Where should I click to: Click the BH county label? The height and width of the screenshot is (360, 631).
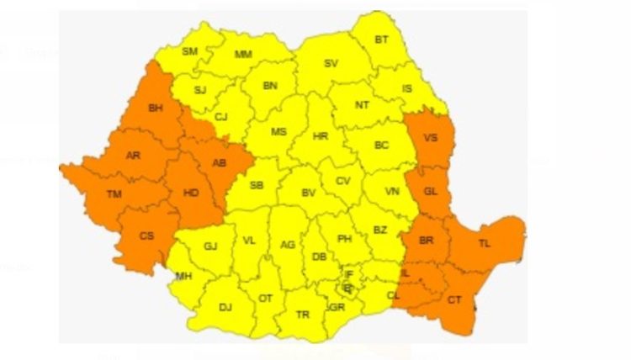click(x=156, y=108)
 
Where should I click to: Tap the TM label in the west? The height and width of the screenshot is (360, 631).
click(x=114, y=195)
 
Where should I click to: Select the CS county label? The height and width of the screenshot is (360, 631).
click(x=146, y=236)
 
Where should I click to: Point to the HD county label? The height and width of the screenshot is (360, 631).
click(x=191, y=193)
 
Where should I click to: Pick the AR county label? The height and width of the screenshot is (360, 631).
click(x=133, y=156)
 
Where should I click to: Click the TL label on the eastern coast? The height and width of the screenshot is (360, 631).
click(x=485, y=243)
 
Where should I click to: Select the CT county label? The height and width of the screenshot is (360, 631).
click(x=454, y=299)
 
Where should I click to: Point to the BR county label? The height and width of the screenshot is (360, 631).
click(x=427, y=241)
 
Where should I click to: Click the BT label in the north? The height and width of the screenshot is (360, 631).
click(x=382, y=40)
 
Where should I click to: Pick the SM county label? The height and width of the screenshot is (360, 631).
click(x=190, y=51)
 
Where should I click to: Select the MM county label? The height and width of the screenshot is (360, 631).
click(x=243, y=55)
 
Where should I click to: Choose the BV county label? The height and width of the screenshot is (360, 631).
click(x=309, y=193)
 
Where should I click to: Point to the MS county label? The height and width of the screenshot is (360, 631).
click(x=278, y=132)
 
